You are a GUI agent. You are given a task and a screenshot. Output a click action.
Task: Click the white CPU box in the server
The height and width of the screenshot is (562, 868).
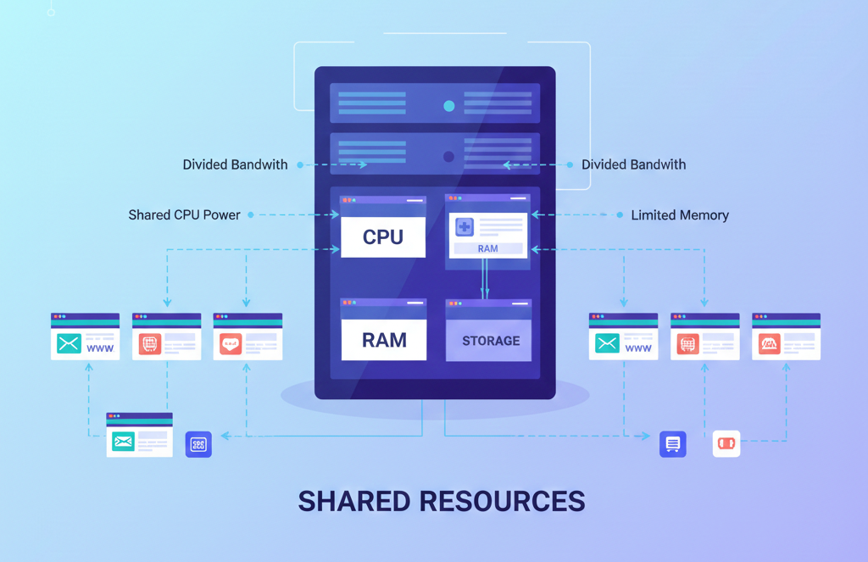pyautogui.click(x=383, y=236)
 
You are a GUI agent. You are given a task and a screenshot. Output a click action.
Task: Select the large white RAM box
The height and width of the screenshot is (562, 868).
pyautogui.click(x=383, y=340)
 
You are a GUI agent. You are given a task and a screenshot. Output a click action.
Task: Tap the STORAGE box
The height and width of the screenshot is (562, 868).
pyautogui.click(x=490, y=341)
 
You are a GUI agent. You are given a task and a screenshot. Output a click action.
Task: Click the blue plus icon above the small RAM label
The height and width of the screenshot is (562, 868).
pyautogui.click(x=465, y=226)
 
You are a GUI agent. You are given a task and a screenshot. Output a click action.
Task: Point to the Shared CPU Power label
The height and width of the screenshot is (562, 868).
pyautogui.click(x=184, y=215)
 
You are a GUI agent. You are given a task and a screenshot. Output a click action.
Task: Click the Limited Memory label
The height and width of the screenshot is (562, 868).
pyautogui.click(x=680, y=215)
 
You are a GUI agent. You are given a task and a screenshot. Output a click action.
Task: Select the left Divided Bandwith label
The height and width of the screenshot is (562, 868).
pyautogui.click(x=235, y=164)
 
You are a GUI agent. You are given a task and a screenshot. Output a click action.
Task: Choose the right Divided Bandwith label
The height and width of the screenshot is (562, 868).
pyautogui.click(x=633, y=164)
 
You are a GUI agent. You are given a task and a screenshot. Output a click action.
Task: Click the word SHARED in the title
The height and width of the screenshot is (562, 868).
pyautogui.click(x=353, y=501)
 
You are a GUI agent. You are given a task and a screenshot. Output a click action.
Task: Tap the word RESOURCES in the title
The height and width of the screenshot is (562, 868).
pyautogui.click(x=502, y=501)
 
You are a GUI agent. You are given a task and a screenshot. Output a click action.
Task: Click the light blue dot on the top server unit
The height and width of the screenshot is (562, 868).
pyautogui.click(x=449, y=106)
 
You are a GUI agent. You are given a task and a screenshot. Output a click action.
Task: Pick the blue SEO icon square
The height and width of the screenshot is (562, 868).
pyautogui.click(x=198, y=444)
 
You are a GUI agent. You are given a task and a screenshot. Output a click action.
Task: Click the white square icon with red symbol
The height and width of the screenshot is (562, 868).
pyautogui.click(x=726, y=443)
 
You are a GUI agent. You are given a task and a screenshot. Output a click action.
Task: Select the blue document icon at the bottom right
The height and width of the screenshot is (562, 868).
pyautogui.click(x=673, y=443)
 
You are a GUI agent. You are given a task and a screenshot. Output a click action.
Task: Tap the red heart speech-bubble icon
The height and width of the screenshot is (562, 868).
pyautogui.click(x=230, y=343)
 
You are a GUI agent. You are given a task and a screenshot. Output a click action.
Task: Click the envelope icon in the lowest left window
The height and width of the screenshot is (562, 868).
pyautogui.click(x=123, y=441)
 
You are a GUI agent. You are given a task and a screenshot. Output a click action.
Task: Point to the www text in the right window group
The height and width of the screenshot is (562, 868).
pyautogui.click(x=637, y=348)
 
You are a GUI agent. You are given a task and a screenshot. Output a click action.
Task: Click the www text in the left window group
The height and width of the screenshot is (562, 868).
pyautogui.click(x=99, y=348)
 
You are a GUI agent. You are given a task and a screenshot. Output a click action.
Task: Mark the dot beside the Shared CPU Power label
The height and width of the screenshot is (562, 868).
pyautogui.click(x=251, y=215)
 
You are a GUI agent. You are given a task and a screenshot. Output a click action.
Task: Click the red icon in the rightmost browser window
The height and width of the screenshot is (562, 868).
pyautogui.click(x=769, y=343)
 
